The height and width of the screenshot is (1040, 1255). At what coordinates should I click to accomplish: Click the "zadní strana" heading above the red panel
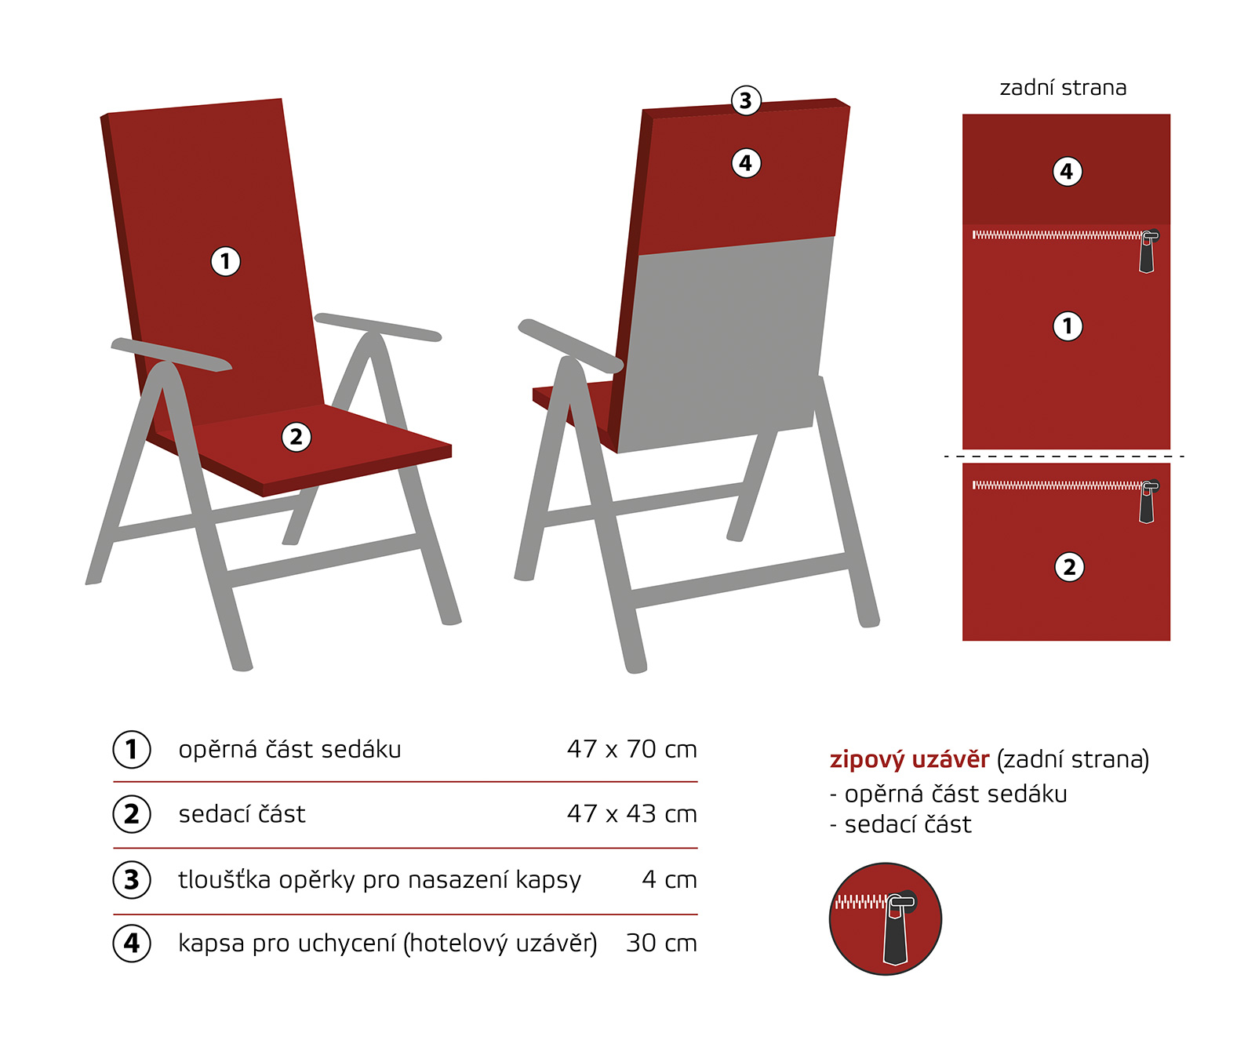pyautogui.click(x=1063, y=88)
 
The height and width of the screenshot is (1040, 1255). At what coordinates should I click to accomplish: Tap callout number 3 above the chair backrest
pyautogui.click(x=746, y=100)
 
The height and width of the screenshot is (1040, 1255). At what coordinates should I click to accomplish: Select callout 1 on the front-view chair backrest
pyautogui.click(x=226, y=261)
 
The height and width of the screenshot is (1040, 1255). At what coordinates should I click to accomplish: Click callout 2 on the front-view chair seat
pyautogui.click(x=296, y=437)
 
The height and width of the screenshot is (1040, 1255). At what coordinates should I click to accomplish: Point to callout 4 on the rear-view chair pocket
pyautogui.click(x=746, y=163)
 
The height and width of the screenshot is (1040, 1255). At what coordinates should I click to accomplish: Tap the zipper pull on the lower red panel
pyautogui.click(x=1148, y=502)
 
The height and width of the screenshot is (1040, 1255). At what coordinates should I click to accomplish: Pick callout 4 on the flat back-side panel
pyautogui.click(x=1067, y=171)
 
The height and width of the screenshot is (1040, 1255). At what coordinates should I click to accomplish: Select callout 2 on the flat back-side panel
pyautogui.click(x=1069, y=567)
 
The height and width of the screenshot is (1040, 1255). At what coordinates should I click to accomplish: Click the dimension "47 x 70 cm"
pyautogui.click(x=632, y=749)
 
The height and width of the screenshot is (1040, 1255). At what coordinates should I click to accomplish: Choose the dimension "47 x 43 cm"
pyautogui.click(x=632, y=814)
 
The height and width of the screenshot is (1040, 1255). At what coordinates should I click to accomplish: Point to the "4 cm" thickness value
pyautogui.click(x=669, y=879)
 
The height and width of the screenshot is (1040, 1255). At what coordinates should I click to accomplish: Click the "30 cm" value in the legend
pyautogui.click(x=661, y=943)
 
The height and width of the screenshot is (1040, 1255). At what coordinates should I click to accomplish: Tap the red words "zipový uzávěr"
pyautogui.click(x=910, y=760)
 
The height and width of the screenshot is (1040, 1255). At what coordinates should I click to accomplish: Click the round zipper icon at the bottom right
pyautogui.click(x=886, y=919)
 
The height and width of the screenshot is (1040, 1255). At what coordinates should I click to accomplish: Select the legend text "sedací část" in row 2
pyautogui.click(x=242, y=814)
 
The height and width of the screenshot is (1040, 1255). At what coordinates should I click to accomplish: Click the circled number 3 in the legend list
pyautogui.click(x=132, y=880)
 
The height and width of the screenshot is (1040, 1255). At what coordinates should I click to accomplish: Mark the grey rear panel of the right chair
pyautogui.click(x=725, y=345)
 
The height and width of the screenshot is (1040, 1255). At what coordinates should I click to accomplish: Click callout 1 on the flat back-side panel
pyautogui.click(x=1067, y=325)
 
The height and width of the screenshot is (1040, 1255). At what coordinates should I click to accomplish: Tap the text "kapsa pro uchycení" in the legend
pyautogui.click(x=287, y=944)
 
